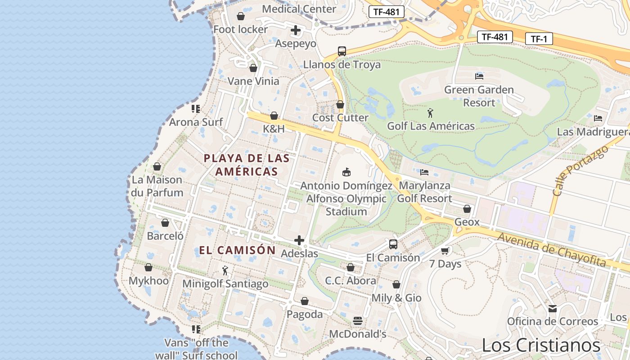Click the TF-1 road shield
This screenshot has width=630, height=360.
[x=539, y=39]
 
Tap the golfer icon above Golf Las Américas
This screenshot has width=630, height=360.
[x=431, y=113]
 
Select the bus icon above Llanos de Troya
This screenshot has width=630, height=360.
[x=342, y=51]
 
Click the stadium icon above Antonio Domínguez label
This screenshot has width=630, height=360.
[x=346, y=172]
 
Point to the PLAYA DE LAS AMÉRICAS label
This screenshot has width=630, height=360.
[x=247, y=165]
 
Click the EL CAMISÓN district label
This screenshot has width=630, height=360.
[x=238, y=250]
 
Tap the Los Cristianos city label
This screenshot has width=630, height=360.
[x=541, y=345]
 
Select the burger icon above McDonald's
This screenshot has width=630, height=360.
[x=358, y=321]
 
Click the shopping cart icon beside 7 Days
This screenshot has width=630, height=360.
[x=445, y=251]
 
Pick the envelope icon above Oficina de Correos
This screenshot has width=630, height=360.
[x=552, y=309]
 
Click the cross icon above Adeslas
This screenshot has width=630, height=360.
[x=299, y=240]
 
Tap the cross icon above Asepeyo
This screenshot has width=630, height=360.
[x=296, y=31]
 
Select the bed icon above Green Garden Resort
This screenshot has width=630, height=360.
[x=479, y=76]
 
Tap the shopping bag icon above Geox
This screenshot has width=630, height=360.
[x=467, y=209]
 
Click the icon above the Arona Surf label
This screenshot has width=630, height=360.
[x=196, y=109]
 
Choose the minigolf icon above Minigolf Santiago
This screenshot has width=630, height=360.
[x=225, y=270]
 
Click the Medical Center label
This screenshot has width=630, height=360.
[x=299, y=9]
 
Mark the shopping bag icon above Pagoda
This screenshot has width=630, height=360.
[x=305, y=301]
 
